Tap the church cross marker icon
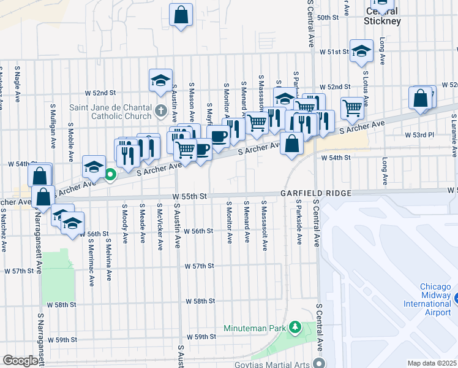tap(160, 111)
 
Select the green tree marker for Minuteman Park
tap(295, 327)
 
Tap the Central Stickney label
tap(382, 17)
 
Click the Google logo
tap(20, 361)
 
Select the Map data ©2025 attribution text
tap(432, 363)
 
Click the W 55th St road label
tap(190, 196)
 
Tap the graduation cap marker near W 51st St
tap(361, 51)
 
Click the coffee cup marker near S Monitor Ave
tap(218, 136)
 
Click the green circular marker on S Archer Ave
tap(110, 175)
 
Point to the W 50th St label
tap(328, 18)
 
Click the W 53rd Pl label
tap(419, 134)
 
